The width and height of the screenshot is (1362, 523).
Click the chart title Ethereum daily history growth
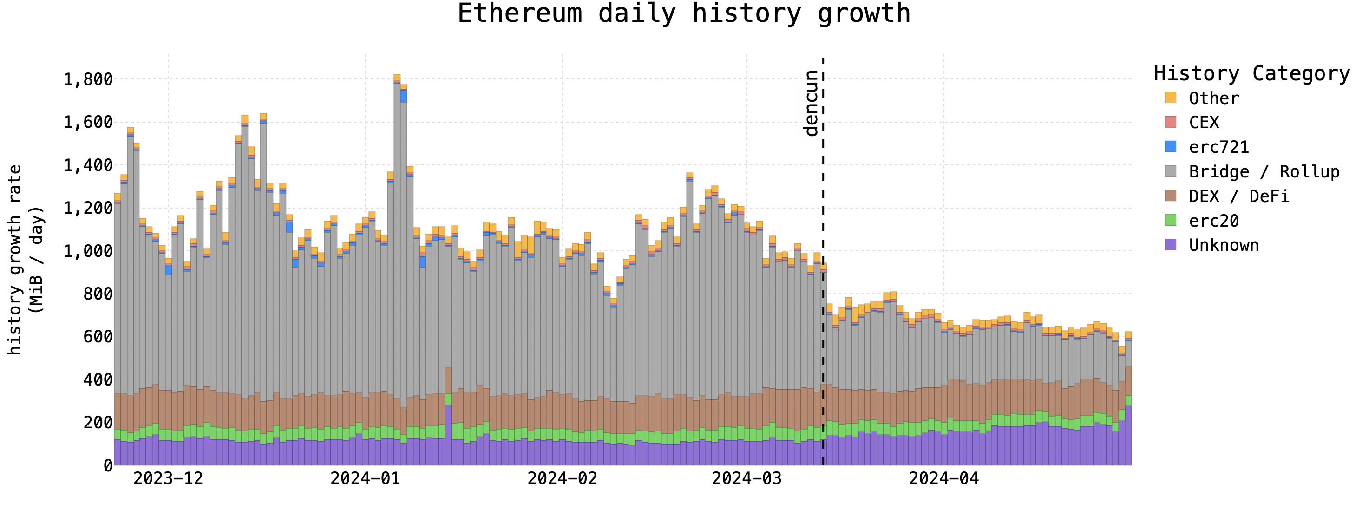point(684,14)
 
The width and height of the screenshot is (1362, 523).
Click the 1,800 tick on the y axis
point(88,79)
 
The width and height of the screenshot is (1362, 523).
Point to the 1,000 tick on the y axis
point(88,251)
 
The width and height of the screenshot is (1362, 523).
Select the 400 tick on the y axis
point(98,379)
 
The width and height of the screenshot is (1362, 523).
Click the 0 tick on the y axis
point(108,465)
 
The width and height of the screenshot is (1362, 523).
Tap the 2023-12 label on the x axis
point(168,478)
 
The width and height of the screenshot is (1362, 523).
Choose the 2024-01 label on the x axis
point(365,478)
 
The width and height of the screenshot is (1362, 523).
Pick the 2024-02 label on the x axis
point(562,478)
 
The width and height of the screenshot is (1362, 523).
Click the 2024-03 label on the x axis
point(746,478)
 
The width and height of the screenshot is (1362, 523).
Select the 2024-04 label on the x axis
point(944,478)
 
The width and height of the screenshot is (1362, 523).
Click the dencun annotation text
point(811,103)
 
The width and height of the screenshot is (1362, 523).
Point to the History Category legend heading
point(1251,73)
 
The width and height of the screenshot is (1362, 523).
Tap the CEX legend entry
point(1204,123)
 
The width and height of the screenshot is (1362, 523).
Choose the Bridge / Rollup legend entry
point(1264,172)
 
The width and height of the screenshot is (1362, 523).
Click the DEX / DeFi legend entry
point(1239,196)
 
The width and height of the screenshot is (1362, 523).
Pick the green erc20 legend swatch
point(1171,221)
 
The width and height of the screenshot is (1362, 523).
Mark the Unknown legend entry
point(1224,245)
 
